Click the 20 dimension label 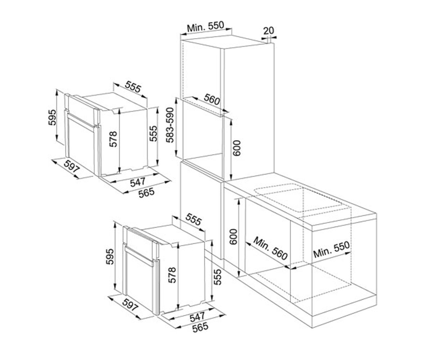point(268,31)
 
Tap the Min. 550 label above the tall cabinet point(206,27)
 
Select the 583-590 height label point(171,125)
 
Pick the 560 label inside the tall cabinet point(212,99)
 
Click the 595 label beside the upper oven point(52,117)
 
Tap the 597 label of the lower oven point(130,305)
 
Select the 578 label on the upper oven point(113,139)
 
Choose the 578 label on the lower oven point(172,275)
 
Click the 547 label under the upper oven point(138,182)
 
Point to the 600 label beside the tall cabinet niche point(237,148)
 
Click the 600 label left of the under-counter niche point(233,237)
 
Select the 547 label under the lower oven point(197,317)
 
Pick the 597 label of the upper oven point(72,166)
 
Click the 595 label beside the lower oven point(110,257)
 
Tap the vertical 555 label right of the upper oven point(153,134)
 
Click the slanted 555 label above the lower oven point(193,219)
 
